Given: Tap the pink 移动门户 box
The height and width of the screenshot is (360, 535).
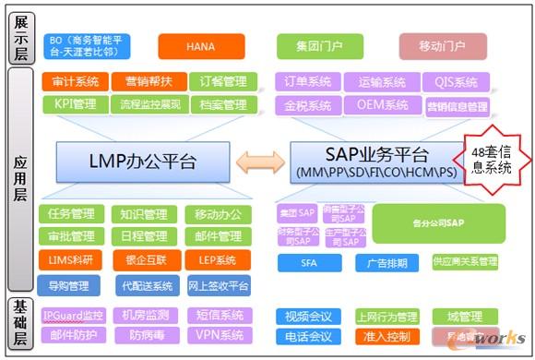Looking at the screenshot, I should [441, 44].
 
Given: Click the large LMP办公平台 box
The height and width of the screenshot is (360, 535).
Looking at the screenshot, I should [141, 162].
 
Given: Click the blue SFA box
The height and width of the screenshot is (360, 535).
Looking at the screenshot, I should [310, 263].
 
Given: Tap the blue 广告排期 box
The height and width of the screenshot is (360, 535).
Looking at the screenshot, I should [386, 263].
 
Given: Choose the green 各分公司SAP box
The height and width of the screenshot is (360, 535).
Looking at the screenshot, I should [438, 222].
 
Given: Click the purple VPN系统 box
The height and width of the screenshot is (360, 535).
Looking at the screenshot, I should [219, 335].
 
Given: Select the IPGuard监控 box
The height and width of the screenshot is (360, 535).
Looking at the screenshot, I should [75, 315].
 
